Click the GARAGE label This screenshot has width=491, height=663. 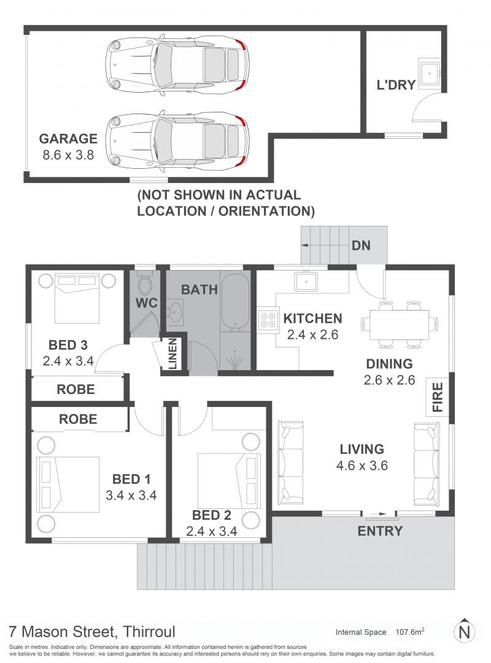[x=68, y=139]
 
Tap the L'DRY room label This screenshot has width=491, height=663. [x=396, y=85]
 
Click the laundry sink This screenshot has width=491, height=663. [x=430, y=72]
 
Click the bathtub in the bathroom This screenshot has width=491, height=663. [x=236, y=302]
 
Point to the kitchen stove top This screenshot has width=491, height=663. [x=267, y=319]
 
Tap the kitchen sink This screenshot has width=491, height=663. [x=306, y=281]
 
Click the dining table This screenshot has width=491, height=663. [x=399, y=325]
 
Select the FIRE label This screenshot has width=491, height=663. [x=437, y=397]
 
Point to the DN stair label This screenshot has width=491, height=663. [x=361, y=245]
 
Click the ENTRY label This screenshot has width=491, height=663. [x=380, y=530]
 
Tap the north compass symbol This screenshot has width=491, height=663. [x=465, y=632]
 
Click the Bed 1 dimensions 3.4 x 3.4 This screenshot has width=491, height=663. [x=131, y=495]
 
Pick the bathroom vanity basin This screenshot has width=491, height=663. [x=175, y=312]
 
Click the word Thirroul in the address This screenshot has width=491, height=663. [x=149, y=632]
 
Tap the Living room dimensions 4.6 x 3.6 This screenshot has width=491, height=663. [x=362, y=465]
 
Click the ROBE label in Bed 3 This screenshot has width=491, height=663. [x=75, y=389]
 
